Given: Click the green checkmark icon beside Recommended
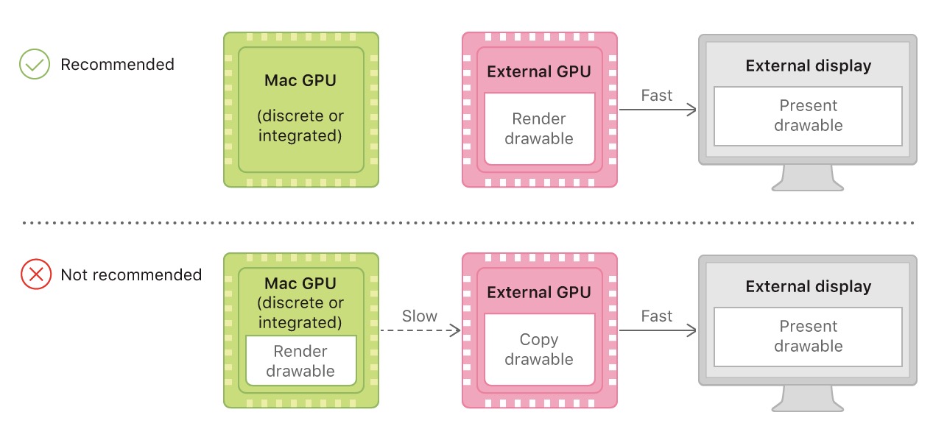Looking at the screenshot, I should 34,65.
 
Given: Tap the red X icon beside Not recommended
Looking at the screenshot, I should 35,275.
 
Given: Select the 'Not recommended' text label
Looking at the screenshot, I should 131,275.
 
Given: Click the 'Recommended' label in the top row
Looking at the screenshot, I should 117,65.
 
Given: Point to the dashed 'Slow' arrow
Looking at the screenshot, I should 420,331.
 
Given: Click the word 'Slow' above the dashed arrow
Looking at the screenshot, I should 420,316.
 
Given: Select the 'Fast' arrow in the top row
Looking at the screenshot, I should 657,110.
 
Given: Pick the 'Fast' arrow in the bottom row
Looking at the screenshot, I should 657,331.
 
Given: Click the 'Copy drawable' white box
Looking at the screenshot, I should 539,349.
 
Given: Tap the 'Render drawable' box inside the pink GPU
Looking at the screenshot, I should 539,129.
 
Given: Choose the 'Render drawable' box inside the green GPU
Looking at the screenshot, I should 300,361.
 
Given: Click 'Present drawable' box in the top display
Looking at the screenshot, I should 808,116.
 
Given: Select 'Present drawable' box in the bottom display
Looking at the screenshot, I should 808,336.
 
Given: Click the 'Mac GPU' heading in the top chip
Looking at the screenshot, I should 300,80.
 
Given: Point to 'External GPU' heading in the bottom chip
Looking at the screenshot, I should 539,292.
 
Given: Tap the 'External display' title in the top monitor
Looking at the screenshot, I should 808,66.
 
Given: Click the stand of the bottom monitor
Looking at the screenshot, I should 808,400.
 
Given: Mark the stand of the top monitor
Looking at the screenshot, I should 808,179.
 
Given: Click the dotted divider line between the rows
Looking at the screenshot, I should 471,222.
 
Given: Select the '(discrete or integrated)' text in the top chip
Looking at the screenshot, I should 300,126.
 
